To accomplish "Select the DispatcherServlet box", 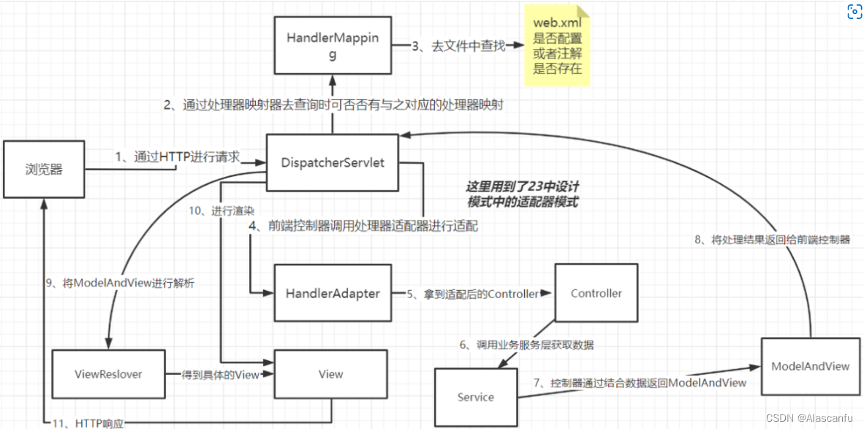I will (333, 163).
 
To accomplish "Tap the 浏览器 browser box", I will (44, 169).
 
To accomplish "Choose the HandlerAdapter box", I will (333, 293).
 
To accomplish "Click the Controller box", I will (596, 293).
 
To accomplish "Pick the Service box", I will (475, 397).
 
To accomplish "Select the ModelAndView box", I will (810, 366).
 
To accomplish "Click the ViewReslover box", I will (108, 373).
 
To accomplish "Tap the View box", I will (330, 373).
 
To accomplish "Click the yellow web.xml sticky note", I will (557, 45).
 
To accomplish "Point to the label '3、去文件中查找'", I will (458, 46).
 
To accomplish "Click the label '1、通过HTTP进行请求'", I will (177, 156).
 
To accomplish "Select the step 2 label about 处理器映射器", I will (333, 105).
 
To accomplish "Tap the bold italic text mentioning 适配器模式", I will (522, 194).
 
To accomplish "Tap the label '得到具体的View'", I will (220, 374).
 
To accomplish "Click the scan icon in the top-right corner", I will (854, 12).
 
